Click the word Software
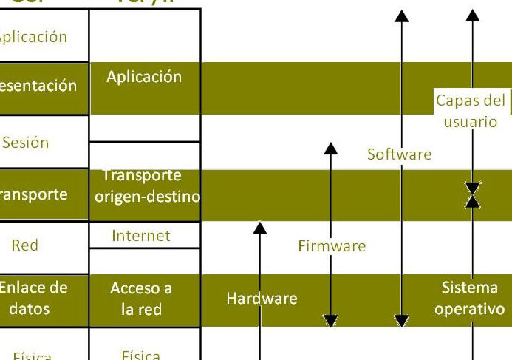(399, 154)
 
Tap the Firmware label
(332, 245)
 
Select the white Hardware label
(262, 299)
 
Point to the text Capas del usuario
(471, 111)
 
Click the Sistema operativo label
(470, 299)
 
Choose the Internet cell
(141, 236)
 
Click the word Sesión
(25, 142)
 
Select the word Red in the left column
(24, 245)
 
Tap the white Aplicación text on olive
(144, 77)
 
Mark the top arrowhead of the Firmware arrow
(331, 149)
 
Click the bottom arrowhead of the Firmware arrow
(331, 320)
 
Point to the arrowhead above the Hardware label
(260, 228)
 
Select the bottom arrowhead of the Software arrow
(401, 320)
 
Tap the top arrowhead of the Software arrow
(401, 16)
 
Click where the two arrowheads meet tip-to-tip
(473, 194)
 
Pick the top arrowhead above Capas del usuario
(473, 16)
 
